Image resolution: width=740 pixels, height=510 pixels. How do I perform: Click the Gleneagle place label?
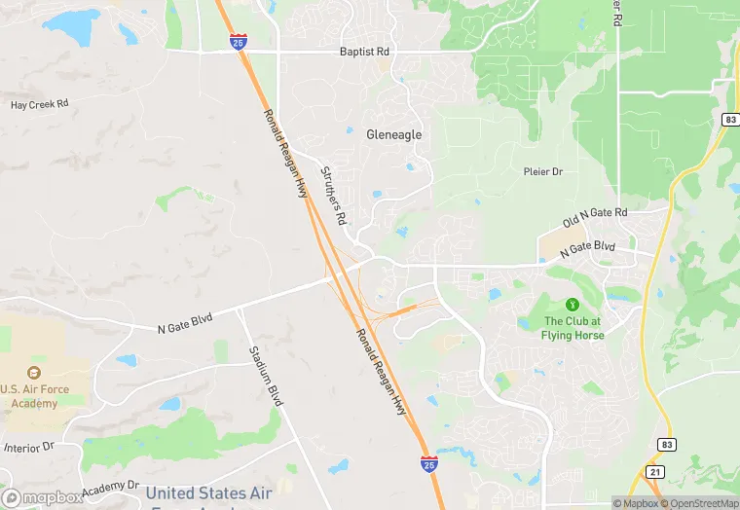[394, 134]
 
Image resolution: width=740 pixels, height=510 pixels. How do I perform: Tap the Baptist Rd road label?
[363, 52]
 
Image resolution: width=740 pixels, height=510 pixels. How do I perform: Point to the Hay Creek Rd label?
[39, 104]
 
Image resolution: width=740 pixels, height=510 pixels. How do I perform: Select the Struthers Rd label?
[334, 195]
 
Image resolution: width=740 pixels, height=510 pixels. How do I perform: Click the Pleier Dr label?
[543, 171]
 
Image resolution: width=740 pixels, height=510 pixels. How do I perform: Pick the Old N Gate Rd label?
[595, 216]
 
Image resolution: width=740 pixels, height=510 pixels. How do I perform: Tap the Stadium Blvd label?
[265, 375]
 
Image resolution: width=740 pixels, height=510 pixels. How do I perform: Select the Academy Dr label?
[111, 486]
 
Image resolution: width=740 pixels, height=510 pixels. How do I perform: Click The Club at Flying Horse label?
[573, 328]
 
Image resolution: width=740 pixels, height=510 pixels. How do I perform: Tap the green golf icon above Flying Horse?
[573, 306]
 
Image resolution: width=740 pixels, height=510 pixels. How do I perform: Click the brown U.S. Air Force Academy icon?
[34, 373]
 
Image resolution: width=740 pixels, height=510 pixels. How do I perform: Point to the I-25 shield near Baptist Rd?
[238, 42]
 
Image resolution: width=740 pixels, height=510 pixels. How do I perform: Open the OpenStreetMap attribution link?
[699, 503]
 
